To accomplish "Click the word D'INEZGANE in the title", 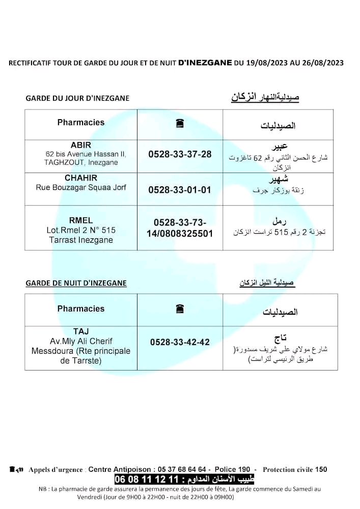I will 205,63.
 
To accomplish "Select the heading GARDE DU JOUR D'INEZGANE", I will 77,98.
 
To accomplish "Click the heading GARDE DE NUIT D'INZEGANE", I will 76,283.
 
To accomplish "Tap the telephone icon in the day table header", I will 179,124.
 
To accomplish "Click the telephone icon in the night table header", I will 179,309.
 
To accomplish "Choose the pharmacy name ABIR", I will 81,145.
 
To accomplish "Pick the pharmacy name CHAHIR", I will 81,178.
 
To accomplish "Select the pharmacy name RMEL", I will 81,220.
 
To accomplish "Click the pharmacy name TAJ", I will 81,331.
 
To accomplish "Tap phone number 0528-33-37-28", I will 180,154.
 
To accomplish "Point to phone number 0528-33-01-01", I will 180,189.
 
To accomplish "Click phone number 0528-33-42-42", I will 180,343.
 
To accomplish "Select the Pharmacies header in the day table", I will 81,123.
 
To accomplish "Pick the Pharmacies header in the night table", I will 81,308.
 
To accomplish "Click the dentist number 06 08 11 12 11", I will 147,479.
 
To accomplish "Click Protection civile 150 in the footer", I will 295,469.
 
